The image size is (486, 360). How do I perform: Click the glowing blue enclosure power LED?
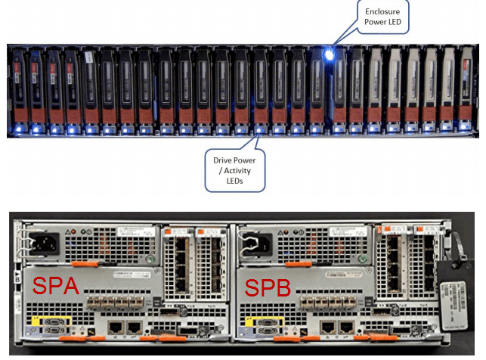(x=329, y=54)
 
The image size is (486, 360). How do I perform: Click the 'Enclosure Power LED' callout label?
(x=382, y=17)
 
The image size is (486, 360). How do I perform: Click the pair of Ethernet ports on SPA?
(x=125, y=327)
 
